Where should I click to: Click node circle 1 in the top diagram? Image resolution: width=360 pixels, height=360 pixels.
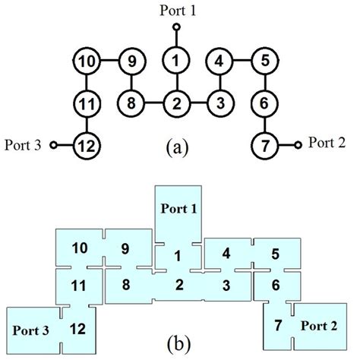pyautogui.click(x=176, y=59)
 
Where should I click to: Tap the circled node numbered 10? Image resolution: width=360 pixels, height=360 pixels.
pyautogui.click(x=88, y=59)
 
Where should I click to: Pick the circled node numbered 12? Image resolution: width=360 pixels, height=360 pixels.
pyautogui.click(x=88, y=142)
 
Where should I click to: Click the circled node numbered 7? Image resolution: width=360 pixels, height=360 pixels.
pyautogui.click(x=264, y=142)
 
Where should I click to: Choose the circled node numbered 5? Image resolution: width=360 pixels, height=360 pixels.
pyautogui.click(x=264, y=59)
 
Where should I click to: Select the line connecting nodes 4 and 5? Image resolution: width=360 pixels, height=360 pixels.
pyautogui.click(x=242, y=59)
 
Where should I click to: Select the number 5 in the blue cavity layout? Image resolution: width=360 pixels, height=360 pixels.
pyautogui.click(x=276, y=253)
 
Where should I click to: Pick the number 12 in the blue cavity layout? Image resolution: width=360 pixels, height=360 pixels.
pyautogui.click(x=77, y=328)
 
